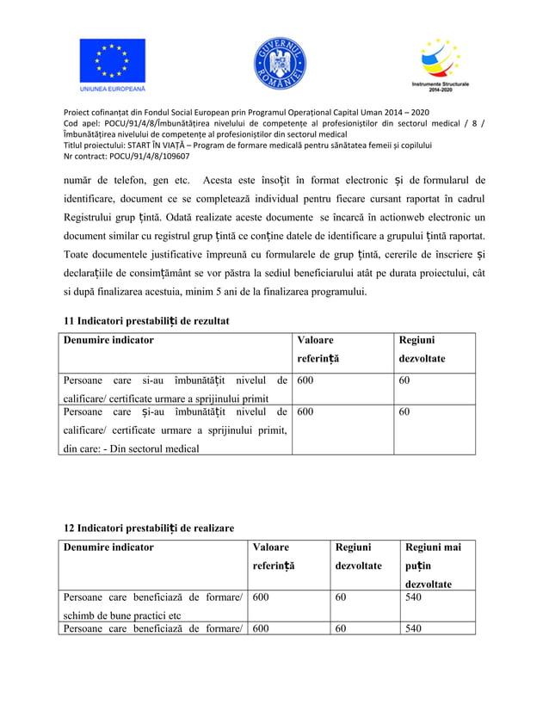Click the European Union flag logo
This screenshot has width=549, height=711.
(113, 60)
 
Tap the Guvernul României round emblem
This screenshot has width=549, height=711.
(279, 65)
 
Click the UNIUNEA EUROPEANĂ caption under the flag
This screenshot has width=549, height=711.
(113, 89)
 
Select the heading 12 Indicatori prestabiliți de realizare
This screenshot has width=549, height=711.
(149, 527)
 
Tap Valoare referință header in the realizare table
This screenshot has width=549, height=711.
(274, 556)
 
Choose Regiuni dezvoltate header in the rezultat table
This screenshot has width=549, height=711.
(422, 349)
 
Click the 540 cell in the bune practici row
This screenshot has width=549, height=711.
(414, 597)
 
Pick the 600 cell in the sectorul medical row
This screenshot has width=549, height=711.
(305, 411)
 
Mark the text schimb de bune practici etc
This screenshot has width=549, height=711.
(121, 615)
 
